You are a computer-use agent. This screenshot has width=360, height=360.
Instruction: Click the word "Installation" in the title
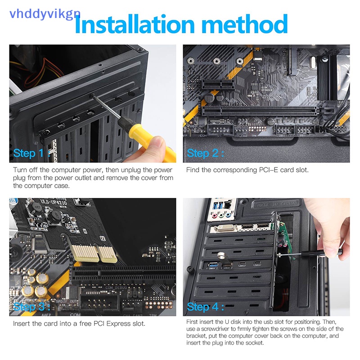[x=135, y=24]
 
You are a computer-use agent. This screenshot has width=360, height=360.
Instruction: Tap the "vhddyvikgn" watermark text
[x=45, y=14]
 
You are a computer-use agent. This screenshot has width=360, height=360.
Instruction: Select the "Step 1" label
[x=28, y=153]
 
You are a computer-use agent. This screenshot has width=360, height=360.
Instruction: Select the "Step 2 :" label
[x=205, y=153]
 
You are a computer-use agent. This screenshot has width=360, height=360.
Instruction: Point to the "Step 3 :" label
[x=31, y=307]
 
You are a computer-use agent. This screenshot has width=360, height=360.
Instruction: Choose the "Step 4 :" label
[x=205, y=307]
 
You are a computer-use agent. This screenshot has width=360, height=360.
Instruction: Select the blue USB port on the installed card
[x=212, y=265]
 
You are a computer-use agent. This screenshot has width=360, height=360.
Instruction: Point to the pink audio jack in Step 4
[x=215, y=216]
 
